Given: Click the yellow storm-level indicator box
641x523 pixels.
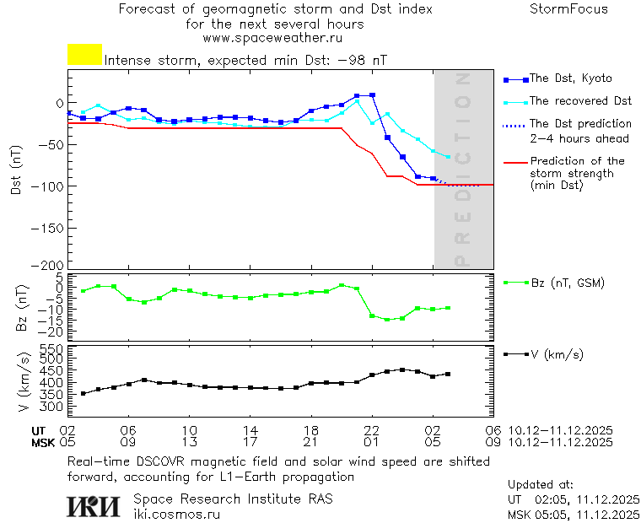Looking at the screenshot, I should point(84,55).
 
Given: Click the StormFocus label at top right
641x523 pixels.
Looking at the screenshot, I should point(568,9).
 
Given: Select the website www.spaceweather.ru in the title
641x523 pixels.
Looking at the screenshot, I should point(272,38).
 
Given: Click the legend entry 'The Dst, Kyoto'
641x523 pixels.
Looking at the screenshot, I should point(570,78).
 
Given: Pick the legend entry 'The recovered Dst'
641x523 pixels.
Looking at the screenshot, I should point(580,100).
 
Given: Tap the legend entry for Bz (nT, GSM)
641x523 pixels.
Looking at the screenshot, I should point(567,283).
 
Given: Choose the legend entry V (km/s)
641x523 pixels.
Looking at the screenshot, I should point(556,354).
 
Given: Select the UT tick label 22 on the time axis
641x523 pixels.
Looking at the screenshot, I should point(372,430).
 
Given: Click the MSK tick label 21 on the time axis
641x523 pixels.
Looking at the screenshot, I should point(311,441).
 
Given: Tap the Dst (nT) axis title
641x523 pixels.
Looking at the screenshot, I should point(16,171).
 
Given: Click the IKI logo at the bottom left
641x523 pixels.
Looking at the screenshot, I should point(94,505).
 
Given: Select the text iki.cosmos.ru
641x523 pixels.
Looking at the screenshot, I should point(177,514).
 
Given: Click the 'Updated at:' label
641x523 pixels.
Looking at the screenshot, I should point(539,485).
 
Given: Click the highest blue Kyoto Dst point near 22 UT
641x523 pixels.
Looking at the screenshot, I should point(372,95).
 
